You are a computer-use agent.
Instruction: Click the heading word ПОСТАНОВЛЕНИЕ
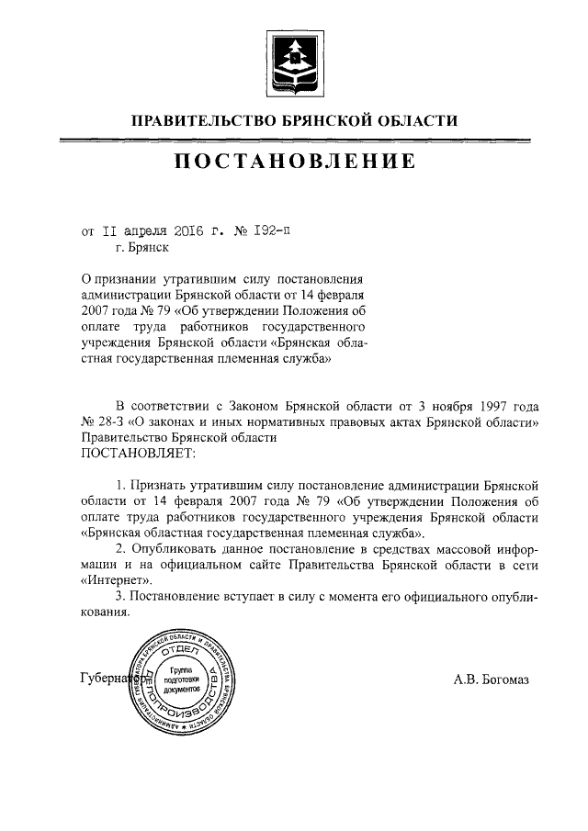click(x=295, y=163)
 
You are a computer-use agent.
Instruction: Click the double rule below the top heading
click(x=294, y=139)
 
